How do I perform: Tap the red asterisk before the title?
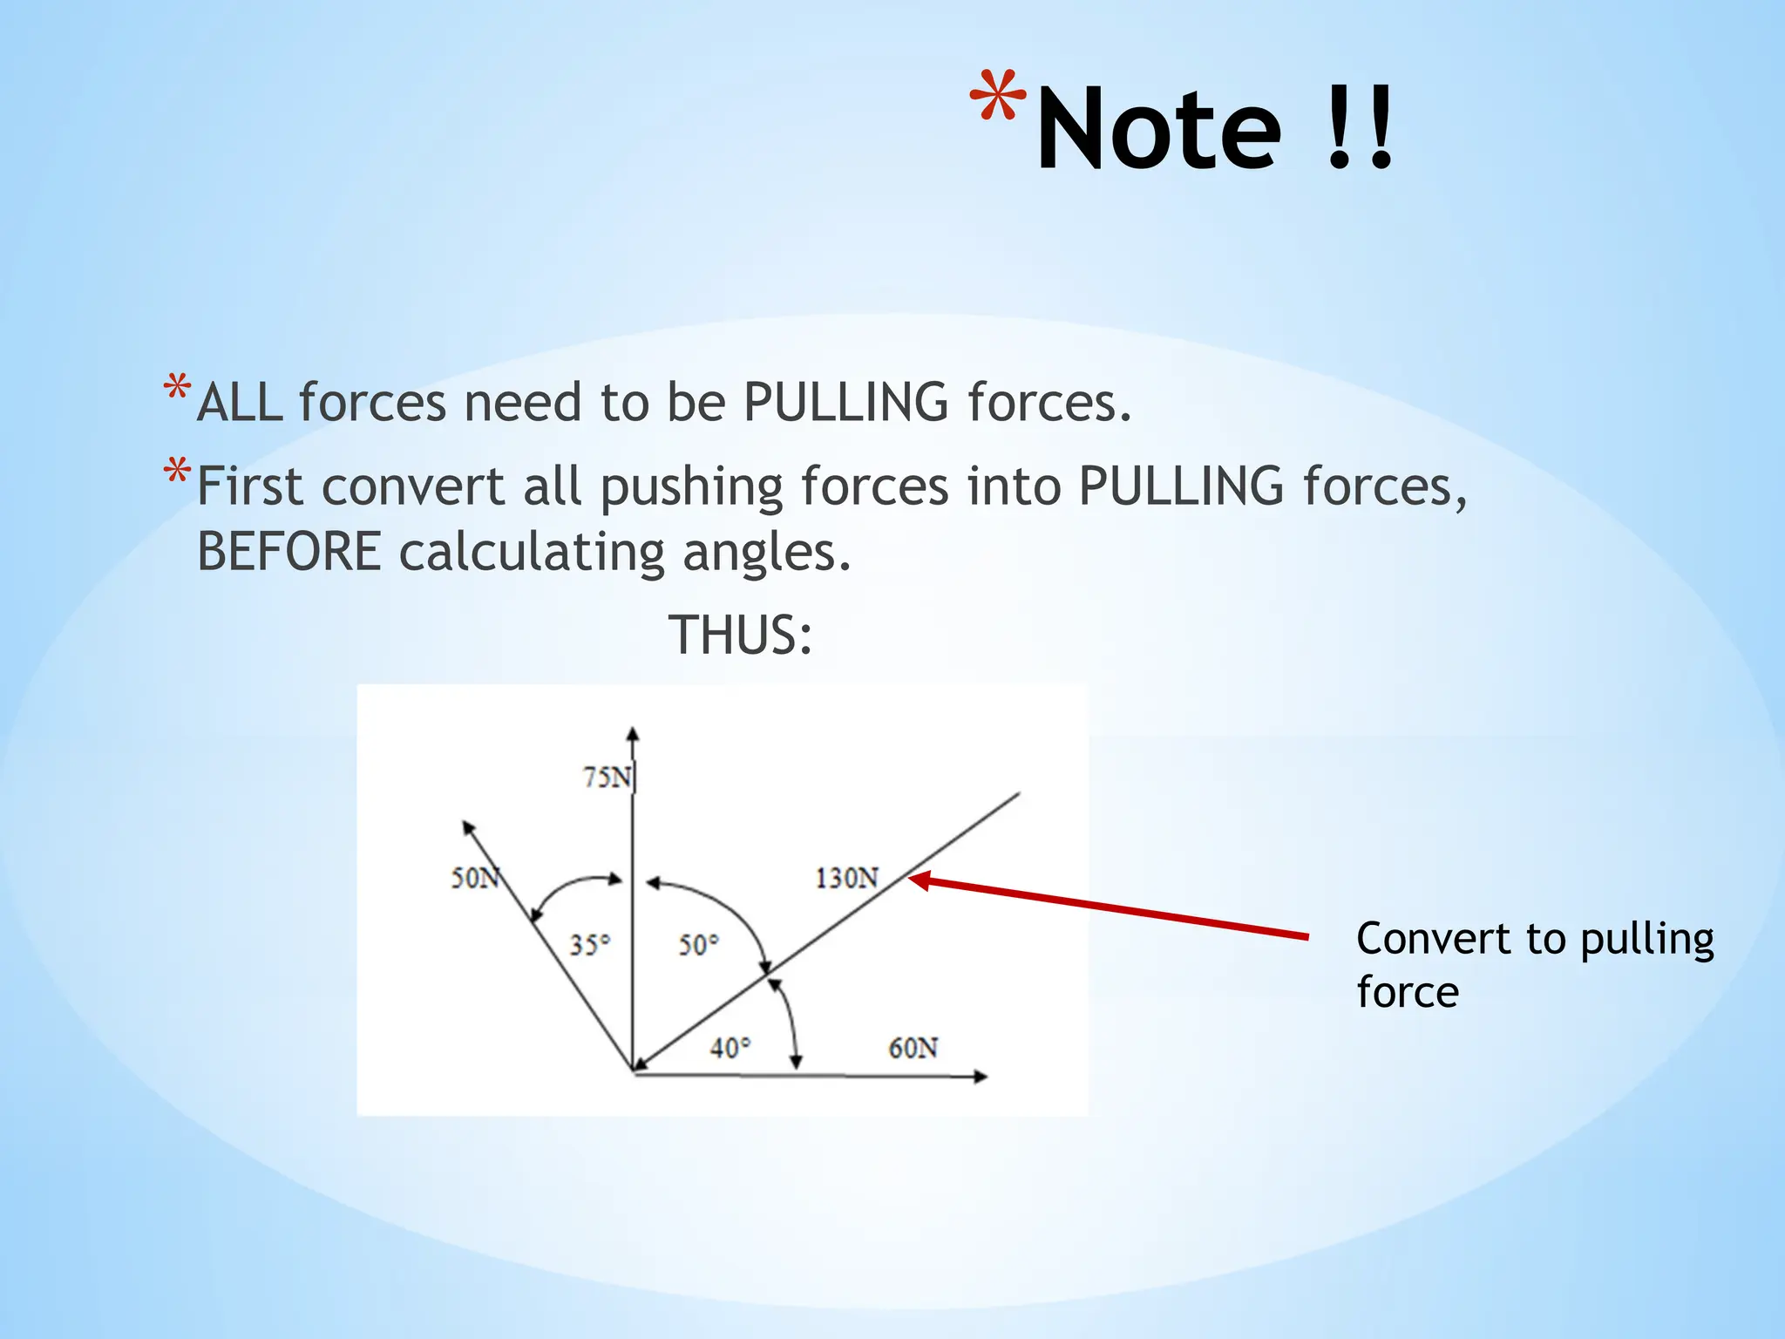pyautogui.click(x=998, y=96)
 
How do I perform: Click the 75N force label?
pyautogui.click(x=607, y=776)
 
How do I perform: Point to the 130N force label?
pyautogui.click(x=846, y=877)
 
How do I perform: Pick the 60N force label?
pyautogui.click(x=913, y=1047)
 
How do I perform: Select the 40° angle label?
pyautogui.click(x=730, y=1047)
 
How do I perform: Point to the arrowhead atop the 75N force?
pyautogui.click(x=633, y=735)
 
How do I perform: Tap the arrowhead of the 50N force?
pyautogui.click(x=468, y=828)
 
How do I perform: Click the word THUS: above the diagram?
pyautogui.click(x=740, y=635)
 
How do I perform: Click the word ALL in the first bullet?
pyautogui.click(x=240, y=403)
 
